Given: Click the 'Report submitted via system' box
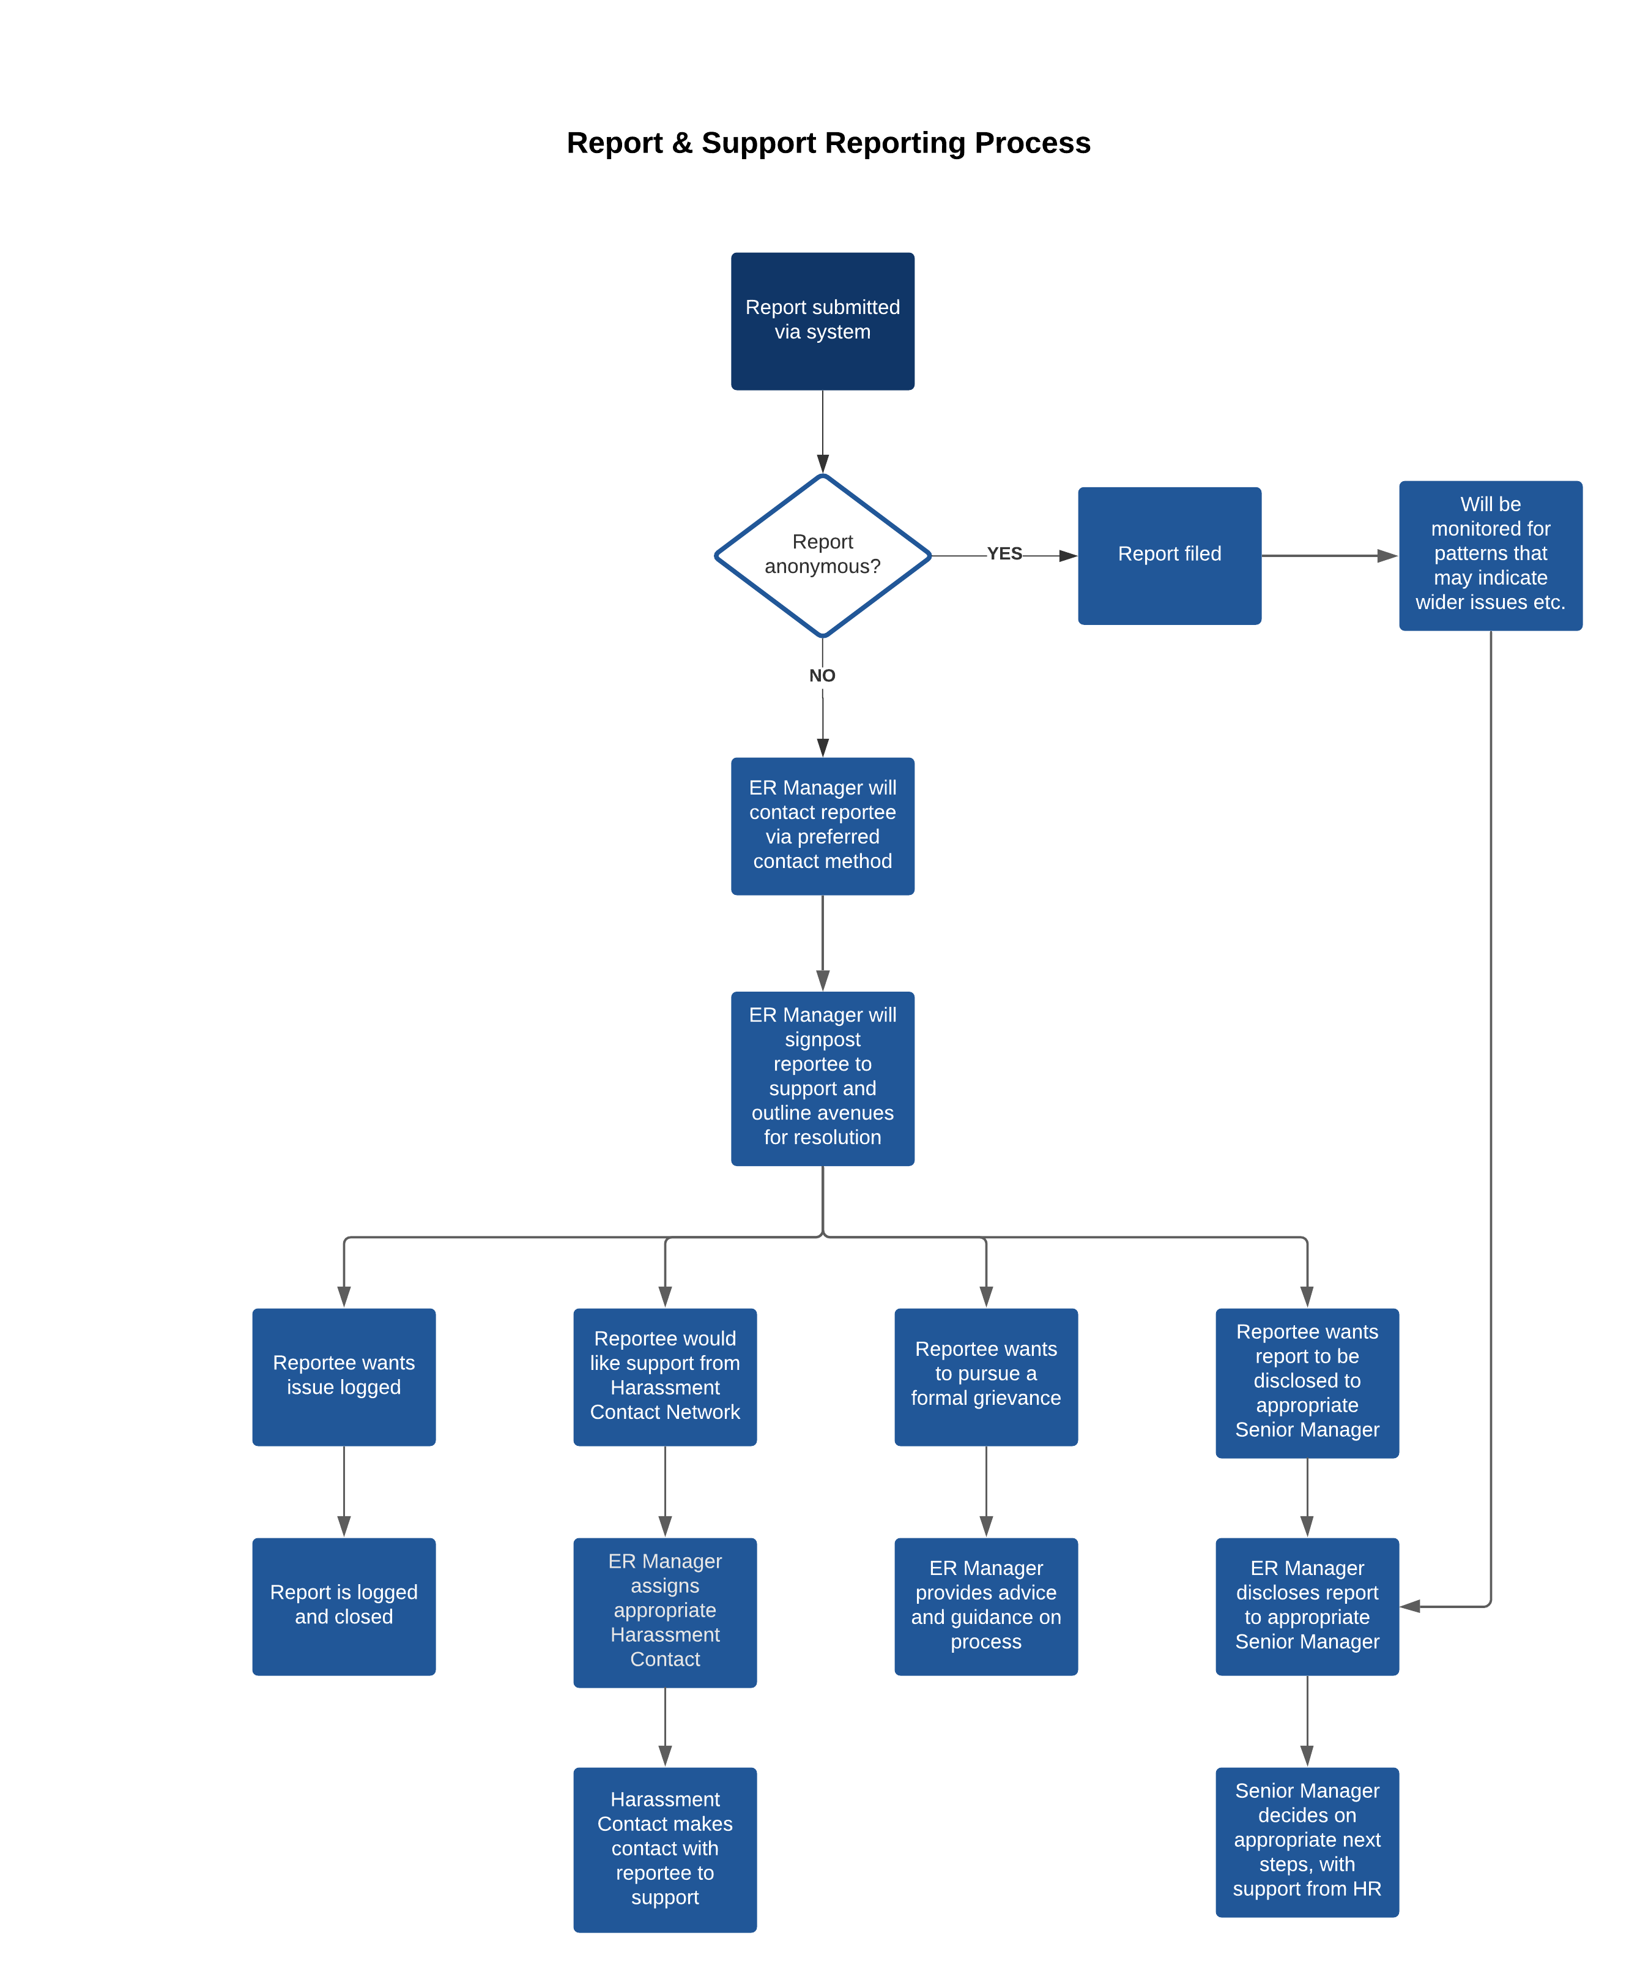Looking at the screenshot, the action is [822, 321].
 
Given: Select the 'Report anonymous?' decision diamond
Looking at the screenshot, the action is [822, 555].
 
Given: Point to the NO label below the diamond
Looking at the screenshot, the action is [822, 676].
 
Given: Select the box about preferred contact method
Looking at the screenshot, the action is [822, 826].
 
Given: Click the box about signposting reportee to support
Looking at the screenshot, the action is [822, 1079].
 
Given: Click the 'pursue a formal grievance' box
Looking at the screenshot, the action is [985, 1377].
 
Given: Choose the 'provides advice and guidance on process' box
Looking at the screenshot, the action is [985, 1606].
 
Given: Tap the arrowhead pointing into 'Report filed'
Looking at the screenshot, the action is [1068, 556].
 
